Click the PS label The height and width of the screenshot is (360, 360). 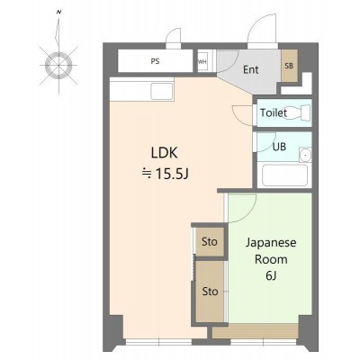(x=155, y=61)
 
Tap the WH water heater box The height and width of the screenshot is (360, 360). (x=202, y=62)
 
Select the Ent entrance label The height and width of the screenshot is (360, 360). (x=251, y=70)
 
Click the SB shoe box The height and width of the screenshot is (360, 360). (x=289, y=66)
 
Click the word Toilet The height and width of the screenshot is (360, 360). (x=274, y=113)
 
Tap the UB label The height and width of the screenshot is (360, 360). (x=279, y=147)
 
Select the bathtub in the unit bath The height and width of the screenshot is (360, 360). (x=284, y=175)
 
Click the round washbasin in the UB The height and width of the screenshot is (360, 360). (x=306, y=156)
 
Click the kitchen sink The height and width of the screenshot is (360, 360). (x=162, y=91)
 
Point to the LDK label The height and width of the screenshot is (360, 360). (x=164, y=153)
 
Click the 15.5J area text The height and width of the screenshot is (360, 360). (x=172, y=174)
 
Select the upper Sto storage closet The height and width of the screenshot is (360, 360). (x=210, y=242)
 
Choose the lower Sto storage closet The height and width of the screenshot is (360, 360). (x=210, y=292)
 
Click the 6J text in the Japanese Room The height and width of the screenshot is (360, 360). (x=271, y=276)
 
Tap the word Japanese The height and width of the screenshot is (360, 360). (x=271, y=242)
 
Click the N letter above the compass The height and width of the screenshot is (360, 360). (x=59, y=13)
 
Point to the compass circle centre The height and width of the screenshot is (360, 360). (x=58, y=65)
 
